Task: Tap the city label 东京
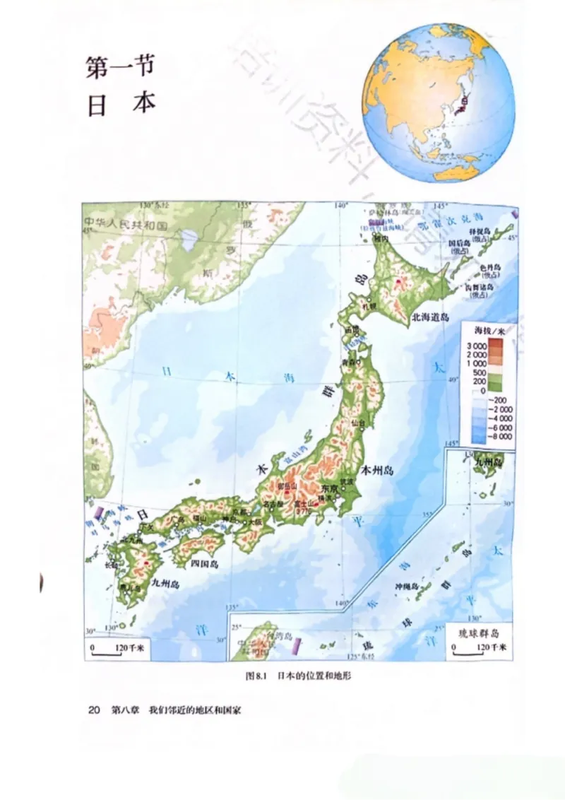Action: click(x=331, y=488)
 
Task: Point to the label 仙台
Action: click(x=359, y=423)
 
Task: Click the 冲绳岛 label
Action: click(x=406, y=586)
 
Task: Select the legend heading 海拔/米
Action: click(x=487, y=330)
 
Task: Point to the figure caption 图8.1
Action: click(x=254, y=676)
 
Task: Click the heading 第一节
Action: click(x=119, y=69)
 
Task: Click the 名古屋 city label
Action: click(x=272, y=504)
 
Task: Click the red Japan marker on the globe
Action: click(x=464, y=103)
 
